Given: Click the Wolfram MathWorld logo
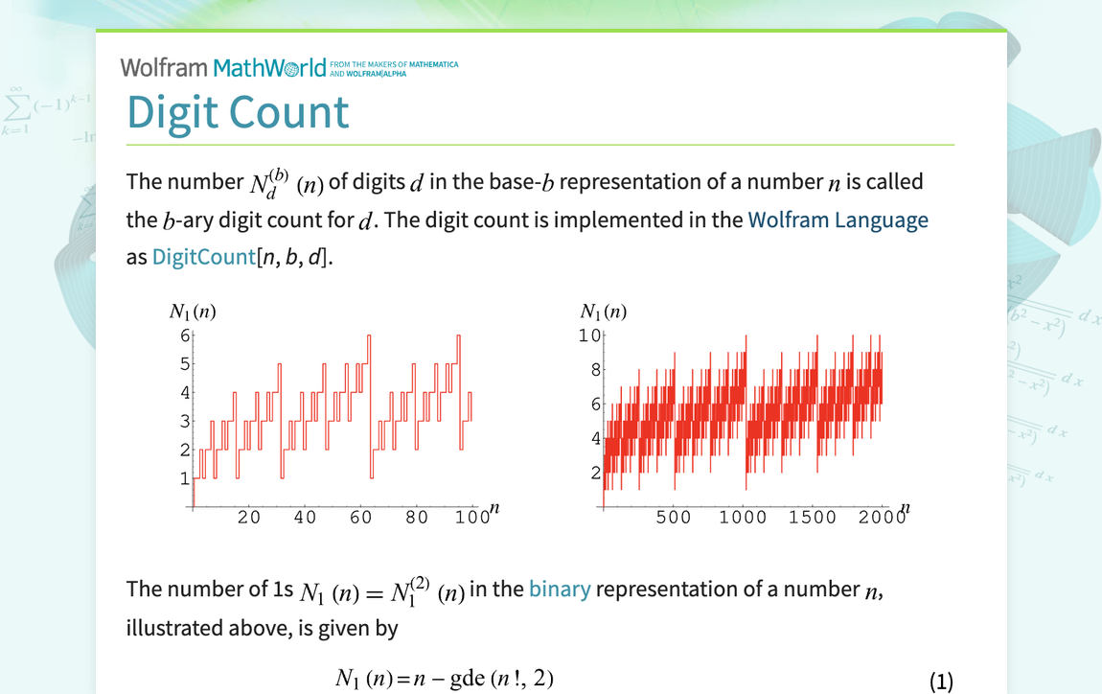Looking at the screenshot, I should [x=223, y=67].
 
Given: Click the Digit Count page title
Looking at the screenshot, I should [x=238, y=112].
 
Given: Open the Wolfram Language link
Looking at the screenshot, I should [x=838, y=220].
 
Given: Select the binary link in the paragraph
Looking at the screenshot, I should [x=560, y=589].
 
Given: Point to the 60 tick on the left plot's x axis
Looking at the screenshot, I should [x=361, y=518].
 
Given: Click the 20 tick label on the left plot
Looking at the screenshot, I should [x=249, y=518].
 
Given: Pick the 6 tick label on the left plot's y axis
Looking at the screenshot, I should [x=185, y=335].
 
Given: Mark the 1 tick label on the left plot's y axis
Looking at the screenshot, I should [x=185, y=478].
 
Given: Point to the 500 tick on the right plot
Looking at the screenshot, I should [x=673, y=518].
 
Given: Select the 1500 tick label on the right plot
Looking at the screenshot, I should [x=813, y=518].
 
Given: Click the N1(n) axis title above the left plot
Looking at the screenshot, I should [x=197, y=311].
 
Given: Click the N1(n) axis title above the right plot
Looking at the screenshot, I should [x=604, y=311].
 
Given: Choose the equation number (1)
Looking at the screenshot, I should [x=942, y=681].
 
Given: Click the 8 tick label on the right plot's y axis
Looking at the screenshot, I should [x=595, y=370].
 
